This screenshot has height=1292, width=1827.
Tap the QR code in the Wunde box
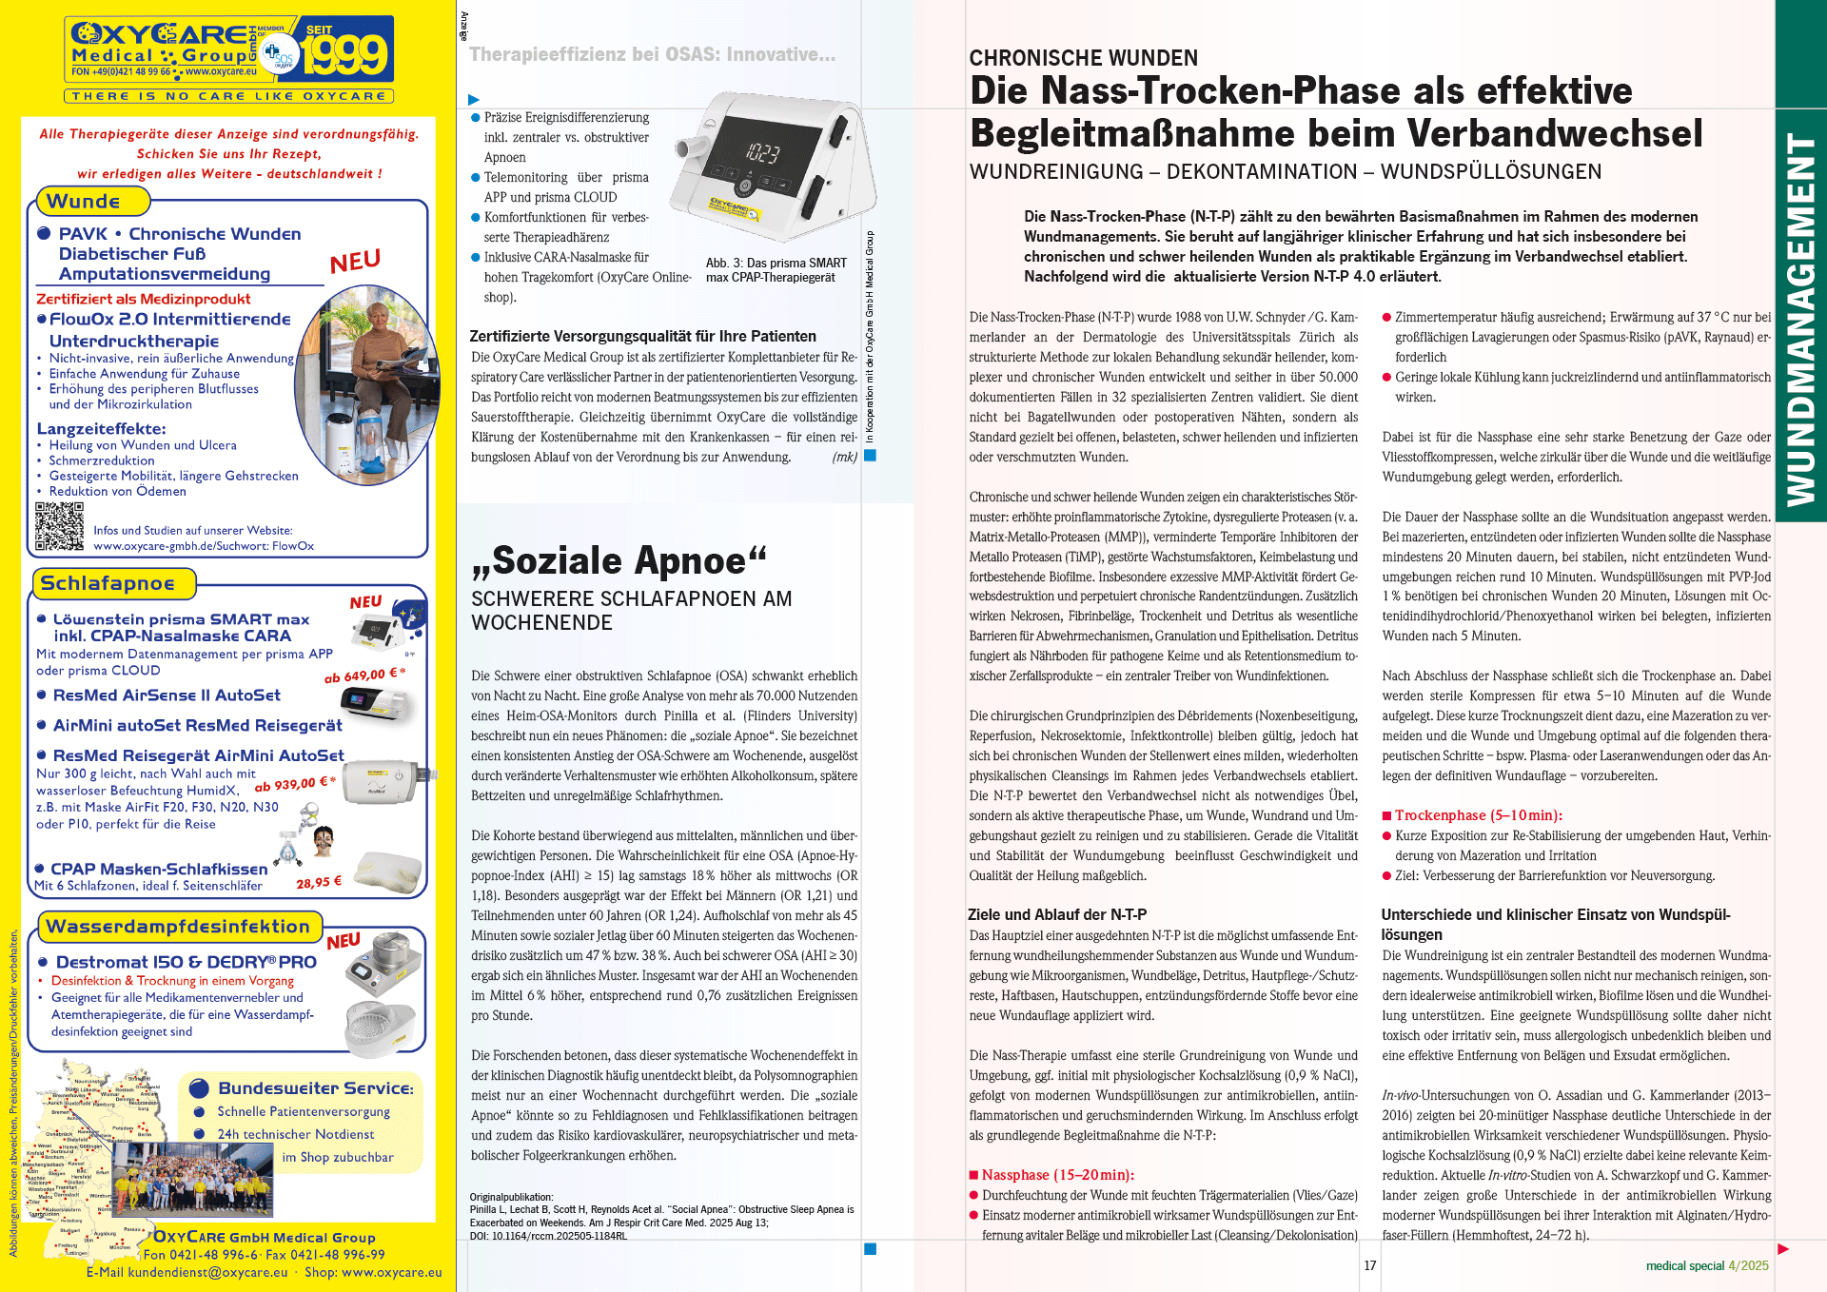tap(59, 526)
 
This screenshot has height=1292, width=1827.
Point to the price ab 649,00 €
tap(364, 675)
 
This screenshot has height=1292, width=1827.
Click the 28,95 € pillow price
tap(319, 882)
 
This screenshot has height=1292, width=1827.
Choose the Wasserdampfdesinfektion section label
tap(178, 927)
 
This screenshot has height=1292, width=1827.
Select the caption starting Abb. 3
tap(776, 270)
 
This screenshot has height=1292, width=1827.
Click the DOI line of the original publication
tap(548, 1236)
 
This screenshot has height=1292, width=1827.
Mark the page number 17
tap(1369, 1265)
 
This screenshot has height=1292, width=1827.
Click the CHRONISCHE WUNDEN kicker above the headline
tap(1083, 58)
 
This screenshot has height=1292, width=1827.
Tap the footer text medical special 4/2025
tap(1707, 1265)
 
